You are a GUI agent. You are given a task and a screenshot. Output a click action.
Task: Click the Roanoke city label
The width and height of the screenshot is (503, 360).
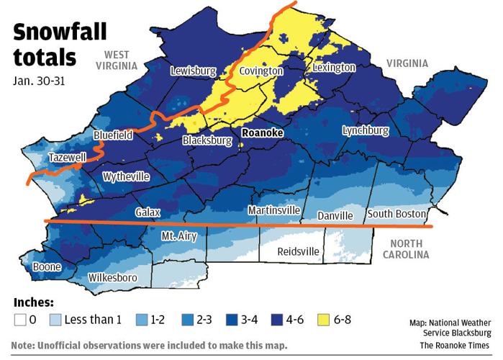tap(263, 134)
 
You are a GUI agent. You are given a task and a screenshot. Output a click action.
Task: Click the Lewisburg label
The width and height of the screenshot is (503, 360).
tap(193, 71)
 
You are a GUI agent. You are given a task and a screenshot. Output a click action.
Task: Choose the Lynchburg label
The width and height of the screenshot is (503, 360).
tap(365, 131)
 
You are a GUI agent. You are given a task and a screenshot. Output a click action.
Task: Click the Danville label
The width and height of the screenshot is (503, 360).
tap(336, 216)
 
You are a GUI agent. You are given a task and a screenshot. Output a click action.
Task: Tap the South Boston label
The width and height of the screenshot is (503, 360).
tap(396, 214)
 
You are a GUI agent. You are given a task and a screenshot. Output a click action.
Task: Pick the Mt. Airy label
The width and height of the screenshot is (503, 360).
tap(178, 235)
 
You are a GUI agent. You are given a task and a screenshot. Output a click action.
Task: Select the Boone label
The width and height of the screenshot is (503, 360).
tap(46, 267)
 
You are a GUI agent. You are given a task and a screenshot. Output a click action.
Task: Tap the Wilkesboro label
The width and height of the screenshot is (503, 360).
tap(113, 277)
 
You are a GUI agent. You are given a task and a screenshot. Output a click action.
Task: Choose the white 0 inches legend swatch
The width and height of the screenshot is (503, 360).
tap(21, 319)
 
